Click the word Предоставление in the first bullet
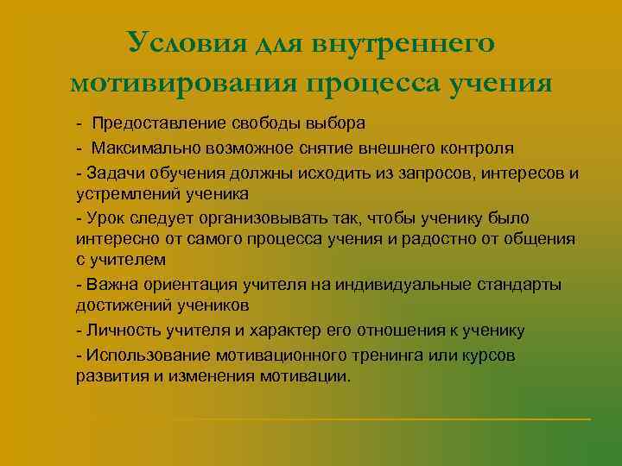(x=149, y=124)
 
